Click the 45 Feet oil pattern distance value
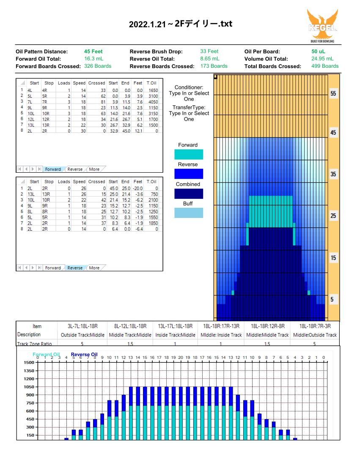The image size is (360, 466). pos(93,51)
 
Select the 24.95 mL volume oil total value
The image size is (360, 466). pos(322,58)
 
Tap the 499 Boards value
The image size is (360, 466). pos(325,66)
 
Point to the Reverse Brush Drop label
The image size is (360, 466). pos(156,51)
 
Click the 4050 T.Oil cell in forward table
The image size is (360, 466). pos(153,102)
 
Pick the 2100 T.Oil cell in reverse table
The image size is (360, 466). pos(153,200)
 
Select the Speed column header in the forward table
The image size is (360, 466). pos(79,83)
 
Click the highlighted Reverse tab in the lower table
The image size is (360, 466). pos(75,268)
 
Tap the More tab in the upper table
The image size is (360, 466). pos(94,169)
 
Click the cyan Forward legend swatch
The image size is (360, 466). pos(189,154)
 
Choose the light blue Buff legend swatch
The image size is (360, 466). pos(189,213)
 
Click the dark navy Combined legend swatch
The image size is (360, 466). pos(189,194)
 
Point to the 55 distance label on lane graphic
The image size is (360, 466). pos(333,94)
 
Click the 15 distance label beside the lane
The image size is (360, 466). pos(333,258)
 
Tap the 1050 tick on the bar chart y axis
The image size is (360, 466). pos(29,387)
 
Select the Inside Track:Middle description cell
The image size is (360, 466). pos(175,335)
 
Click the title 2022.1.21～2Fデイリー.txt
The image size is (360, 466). pos(181,24)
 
